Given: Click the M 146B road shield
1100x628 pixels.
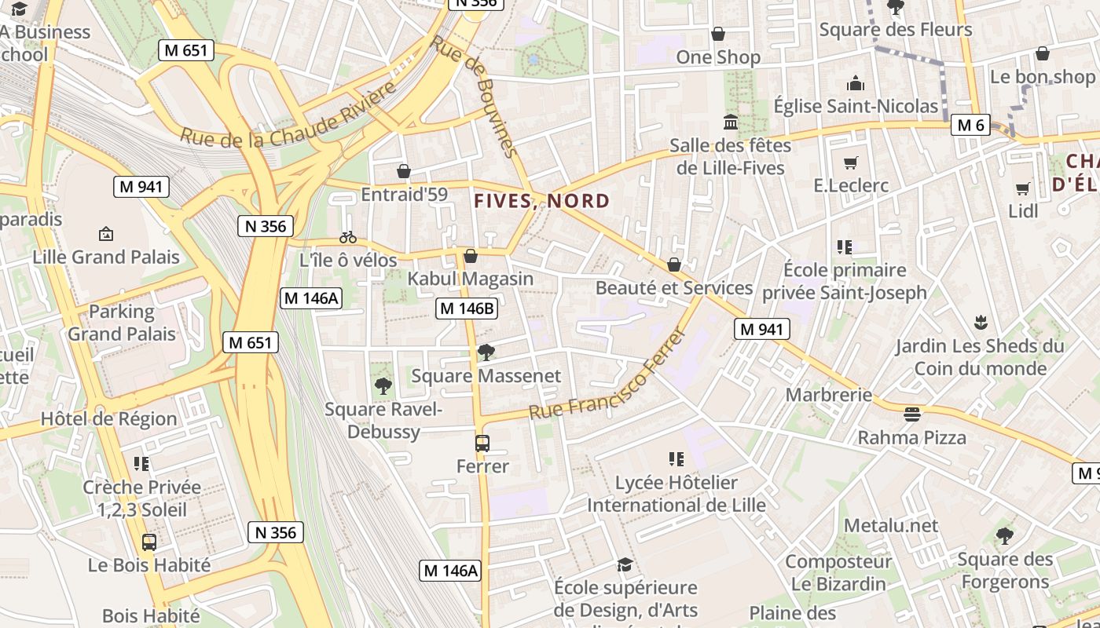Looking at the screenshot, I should pyautogui.click(x=467, y=309).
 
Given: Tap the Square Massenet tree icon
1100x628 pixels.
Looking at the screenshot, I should pyautogui.click(x=486, y=352).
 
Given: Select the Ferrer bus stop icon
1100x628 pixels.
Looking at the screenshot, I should pyautogui.click(x=482, y=444).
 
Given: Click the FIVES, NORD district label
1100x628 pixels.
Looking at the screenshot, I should pyautogui.click(x=542, y=201).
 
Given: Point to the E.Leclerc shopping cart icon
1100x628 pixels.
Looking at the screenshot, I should pyautogui.click(x=850, y=162).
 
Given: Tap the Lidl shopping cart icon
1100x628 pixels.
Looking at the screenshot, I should pyautogui.click(x=1022, y=188).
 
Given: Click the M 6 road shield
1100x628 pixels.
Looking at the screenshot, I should pyautogui.click(x=970, y=125).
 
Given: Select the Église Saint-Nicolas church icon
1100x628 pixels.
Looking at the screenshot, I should pyautogui.click(x=856, y=83).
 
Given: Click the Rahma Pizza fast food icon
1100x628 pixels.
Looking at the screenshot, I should pyautogui.click(x=911, y=413).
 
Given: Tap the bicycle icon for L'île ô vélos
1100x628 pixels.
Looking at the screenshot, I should pyautogui.click(x=348, y=236).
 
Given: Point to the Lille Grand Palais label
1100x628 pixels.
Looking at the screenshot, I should pyautogui.click(x=106, y=257).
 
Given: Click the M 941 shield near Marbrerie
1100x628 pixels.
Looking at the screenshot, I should pyautogui.click(x=761, y=329).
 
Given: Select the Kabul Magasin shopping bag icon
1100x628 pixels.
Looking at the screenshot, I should pyautogui.click(x=471, y=256).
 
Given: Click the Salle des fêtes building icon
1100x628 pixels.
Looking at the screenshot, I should pyautogui.click(x=731, y=122).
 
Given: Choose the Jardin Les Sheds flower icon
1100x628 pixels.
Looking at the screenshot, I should pyautogui.click(x=980, y=322).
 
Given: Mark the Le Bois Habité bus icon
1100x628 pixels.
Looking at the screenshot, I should pyautogui.click(x=148, y=542).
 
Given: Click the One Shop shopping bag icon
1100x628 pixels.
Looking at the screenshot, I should pyautogui.click(x=717, y=34).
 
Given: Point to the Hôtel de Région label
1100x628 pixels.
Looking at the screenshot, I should pyautogui.click(x=108, y=418).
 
